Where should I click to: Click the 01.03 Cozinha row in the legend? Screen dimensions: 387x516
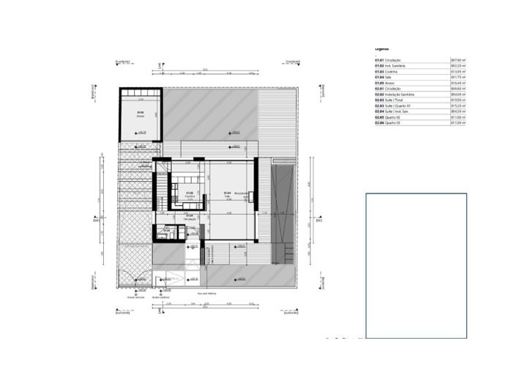click(395, 71)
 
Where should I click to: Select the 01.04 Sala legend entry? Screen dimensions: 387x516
click(395, 77)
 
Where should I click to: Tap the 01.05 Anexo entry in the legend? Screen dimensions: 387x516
click(395, 83)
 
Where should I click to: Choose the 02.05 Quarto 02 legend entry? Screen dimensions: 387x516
click(395, 117)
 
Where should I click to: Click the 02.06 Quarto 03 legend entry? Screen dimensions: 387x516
click(395, 123)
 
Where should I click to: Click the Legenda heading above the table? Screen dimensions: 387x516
click(382, 49)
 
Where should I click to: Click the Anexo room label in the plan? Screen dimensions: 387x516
click(140, 114)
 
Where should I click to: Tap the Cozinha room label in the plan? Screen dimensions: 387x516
click(169, 196)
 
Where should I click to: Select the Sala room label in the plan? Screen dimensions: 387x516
click(227, 196)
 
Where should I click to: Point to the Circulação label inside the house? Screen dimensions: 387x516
click(190, 217)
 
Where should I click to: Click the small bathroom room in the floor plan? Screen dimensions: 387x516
click(165, 233)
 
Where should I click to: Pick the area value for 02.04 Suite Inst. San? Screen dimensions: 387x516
click(458, 111)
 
